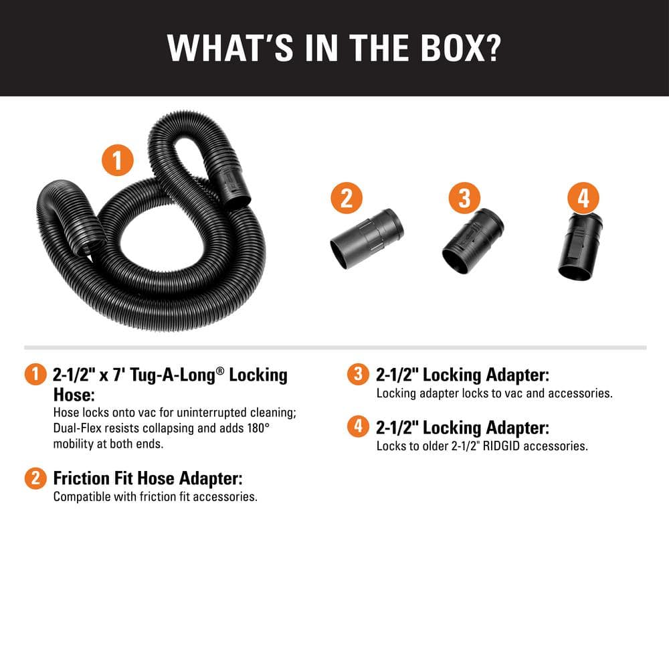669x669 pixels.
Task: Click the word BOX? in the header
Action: click(x=461, y=47)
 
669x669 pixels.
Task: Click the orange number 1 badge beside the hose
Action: click(x=117, y=161)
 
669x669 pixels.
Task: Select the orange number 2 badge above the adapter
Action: click(x=347, y=198)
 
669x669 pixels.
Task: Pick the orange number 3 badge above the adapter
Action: click(x=464, y=198)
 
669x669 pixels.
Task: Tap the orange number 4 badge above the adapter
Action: click(x=583, y=198)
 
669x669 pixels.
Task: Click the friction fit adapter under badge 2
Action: click(x=367, y=239)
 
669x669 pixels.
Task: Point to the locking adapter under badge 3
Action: click(x=473, y=241)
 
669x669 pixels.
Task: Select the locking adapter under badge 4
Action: click(x=580, y=247)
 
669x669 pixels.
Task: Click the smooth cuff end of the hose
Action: click(x=233, y=188)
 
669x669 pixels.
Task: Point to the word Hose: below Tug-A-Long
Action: click(x=74, y=395)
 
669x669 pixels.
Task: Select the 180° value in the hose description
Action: click(x=258, y=428)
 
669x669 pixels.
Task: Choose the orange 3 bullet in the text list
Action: click(x=358, y=374)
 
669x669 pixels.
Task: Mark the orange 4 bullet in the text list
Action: click(x=358, y=427)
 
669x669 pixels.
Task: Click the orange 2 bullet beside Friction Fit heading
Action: click(x=35, y=478)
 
